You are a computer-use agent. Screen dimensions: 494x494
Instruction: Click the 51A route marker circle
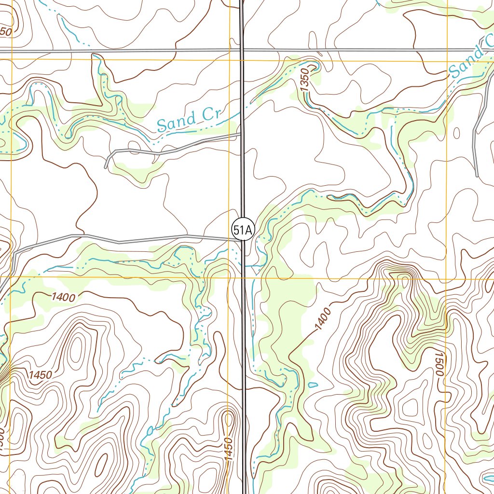242,231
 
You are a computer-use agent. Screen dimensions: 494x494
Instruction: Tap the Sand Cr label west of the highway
189,120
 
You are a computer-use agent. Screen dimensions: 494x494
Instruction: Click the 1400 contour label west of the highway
63,297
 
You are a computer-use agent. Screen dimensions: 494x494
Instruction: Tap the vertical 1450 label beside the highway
229,449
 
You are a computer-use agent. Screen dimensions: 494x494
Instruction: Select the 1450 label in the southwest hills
40,375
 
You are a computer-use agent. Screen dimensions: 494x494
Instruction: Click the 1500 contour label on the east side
438,363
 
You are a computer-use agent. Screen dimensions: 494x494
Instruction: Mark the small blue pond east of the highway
313,385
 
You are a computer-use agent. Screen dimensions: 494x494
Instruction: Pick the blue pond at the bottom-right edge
488,479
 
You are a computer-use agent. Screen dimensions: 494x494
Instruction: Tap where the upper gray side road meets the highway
241,135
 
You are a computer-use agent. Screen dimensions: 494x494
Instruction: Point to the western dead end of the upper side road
106,167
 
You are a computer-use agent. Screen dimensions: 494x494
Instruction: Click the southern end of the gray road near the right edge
477,175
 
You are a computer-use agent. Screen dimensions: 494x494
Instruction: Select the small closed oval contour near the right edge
457,133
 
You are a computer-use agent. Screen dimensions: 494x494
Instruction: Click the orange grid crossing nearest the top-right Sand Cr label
447,60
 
